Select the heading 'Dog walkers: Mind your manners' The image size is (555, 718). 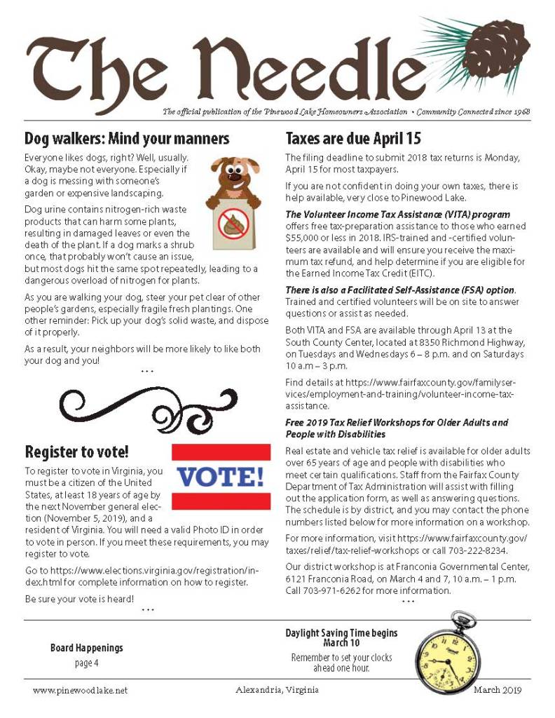127,137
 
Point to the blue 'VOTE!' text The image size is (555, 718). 221,477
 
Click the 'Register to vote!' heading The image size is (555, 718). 76,451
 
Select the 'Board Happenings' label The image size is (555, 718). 86,648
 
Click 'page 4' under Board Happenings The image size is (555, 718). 86,663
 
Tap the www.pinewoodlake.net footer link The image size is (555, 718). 80,691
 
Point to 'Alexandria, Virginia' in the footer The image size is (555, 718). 278,690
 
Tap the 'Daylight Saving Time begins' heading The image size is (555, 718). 341,633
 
